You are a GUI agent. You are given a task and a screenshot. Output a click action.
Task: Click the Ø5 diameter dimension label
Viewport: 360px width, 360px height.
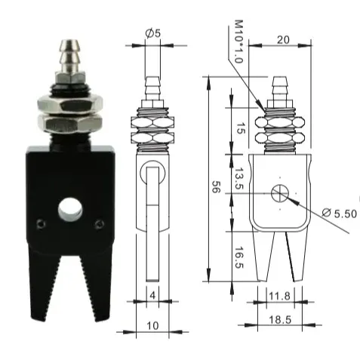point(152,33)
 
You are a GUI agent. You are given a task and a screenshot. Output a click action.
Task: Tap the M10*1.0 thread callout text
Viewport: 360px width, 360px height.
point(238,42)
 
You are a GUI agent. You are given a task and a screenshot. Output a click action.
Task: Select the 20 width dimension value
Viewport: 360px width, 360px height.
point(283,40)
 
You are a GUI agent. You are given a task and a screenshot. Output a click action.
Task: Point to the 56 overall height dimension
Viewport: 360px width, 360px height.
point(214,186)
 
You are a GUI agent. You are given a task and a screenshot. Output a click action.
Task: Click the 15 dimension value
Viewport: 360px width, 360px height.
point(241,128)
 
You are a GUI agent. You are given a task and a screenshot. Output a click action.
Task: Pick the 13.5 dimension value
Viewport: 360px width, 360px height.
point(238,178)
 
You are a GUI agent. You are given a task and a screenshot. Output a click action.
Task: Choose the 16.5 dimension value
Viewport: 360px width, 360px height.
point(238,257)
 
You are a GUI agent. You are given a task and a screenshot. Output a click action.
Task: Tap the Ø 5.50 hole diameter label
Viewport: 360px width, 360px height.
point(340,214)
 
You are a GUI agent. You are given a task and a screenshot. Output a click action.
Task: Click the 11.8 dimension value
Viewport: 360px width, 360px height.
point(279,296)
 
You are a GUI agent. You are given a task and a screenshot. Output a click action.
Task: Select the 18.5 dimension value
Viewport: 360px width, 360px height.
point(280,320)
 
